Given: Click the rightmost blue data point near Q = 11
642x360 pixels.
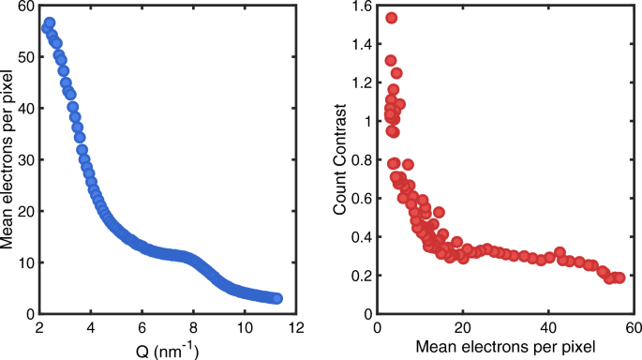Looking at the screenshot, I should pos(276,298).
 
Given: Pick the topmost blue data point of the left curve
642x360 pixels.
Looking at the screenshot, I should pos(50,22).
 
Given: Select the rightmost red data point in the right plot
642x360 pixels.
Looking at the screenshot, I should pos(619,277).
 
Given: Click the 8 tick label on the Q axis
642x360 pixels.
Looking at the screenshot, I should pos(193,328).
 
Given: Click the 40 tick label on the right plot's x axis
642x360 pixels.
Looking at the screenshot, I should pos(548,328).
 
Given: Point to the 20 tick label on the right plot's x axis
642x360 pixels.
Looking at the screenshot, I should pos(462,328).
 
